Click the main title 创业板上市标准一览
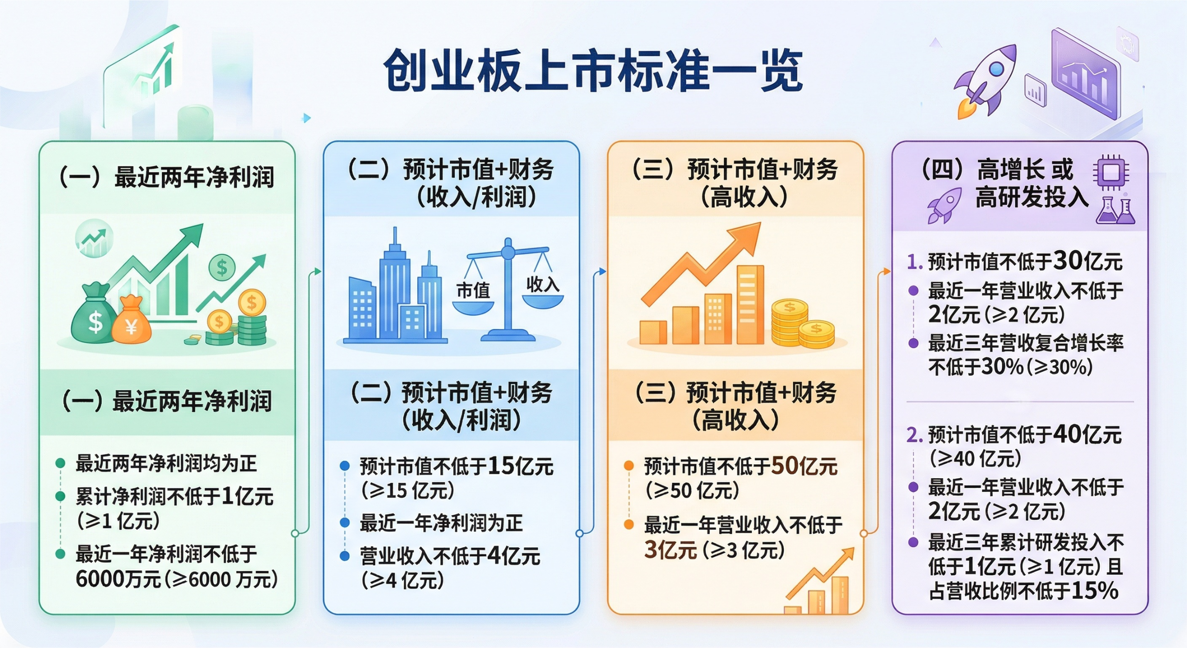[x=593, y=71]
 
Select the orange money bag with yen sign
[x=132, y=321]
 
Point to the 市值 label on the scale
[x=473, y=291]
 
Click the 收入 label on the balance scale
[x=542, y=284]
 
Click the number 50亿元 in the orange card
[x=804, y=466]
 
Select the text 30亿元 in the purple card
[x=1088, y=261]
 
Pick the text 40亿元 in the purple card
[x=1087, y=434]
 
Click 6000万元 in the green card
[x=118, y=579]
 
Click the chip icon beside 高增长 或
[x=1111, y=173]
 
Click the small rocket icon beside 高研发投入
[x=944, y=205]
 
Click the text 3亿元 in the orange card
[x=670, y=550]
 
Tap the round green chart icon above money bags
[x=94, y=238]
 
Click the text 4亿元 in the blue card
[x=514, y=556]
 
